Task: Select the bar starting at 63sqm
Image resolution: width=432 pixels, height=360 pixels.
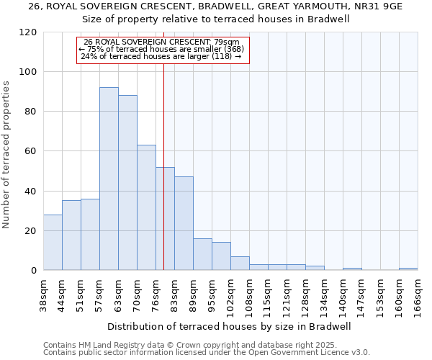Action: click(x=127, y=183)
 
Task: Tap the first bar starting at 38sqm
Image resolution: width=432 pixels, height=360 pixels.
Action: click(x=53, y=242)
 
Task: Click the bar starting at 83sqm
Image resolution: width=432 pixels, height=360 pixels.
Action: click(x=184, y=223)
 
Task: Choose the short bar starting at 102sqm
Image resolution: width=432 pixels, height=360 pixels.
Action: click(x=240, y=264)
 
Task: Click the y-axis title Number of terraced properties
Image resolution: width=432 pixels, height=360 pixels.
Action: click(x=6, y=155)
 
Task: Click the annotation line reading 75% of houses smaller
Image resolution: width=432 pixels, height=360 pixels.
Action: click(x=162, y=49)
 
